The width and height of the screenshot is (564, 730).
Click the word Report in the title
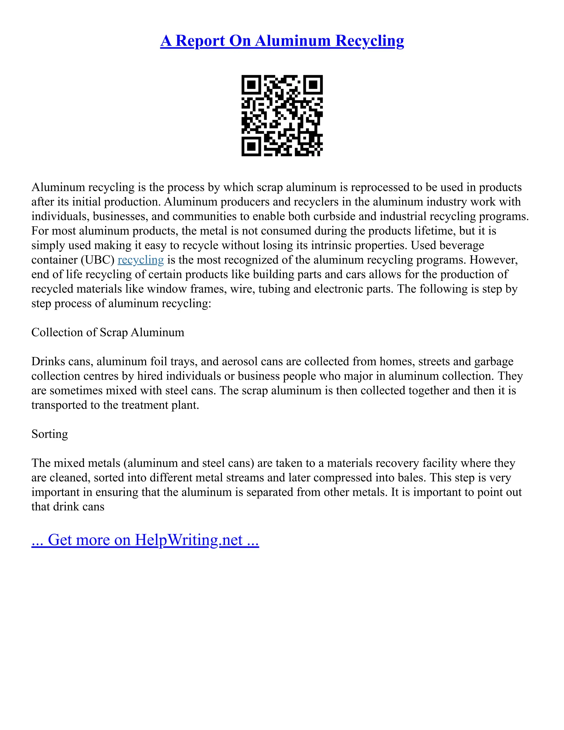[200, 41]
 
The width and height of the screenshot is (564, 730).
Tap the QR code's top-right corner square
[313, 85]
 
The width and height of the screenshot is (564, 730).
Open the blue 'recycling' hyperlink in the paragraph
[141, 260]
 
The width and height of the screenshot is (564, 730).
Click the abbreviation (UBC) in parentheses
[97, 260]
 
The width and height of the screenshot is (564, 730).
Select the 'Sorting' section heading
[50, 434]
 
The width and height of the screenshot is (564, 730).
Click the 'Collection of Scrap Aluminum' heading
[108, 332]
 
